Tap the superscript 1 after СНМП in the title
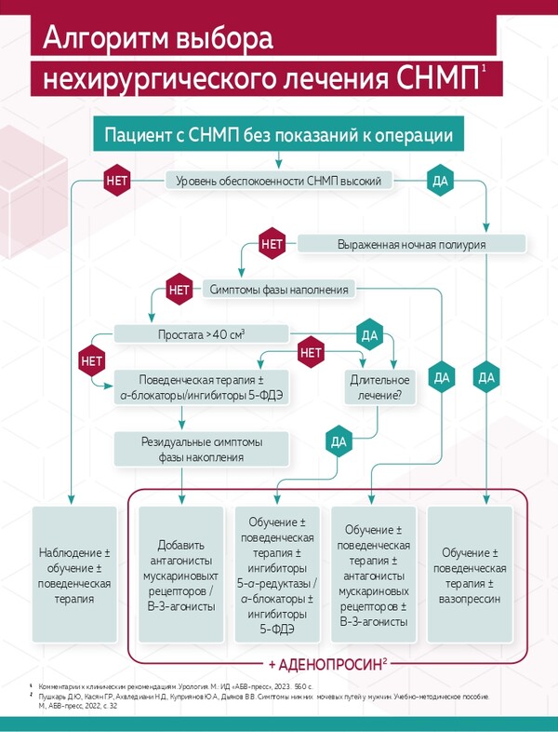[x=485, y=70]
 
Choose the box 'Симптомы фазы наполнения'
[x=279, y=290]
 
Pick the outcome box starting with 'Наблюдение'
[x=74, y=575]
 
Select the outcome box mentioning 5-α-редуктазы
[x=278, y=575]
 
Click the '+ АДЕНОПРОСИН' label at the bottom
[x=327, y=664]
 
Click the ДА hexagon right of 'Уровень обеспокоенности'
[x=440, y=181]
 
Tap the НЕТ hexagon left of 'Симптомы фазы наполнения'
[x=179, y=290]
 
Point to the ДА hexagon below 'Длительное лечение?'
[x=336, y=439]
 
